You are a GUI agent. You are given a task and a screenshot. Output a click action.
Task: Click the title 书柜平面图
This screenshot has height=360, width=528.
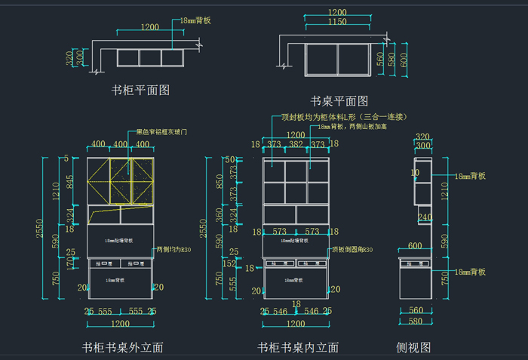coord(140,90)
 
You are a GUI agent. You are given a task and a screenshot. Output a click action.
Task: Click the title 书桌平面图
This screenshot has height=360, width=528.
coord(339,100)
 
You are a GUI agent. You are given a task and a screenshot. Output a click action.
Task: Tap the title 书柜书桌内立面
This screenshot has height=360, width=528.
coord(298,347)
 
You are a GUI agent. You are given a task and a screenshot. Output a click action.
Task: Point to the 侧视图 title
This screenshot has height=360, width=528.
coord(413,347)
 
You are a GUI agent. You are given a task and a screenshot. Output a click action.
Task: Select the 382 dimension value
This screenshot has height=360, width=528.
coord(296,145)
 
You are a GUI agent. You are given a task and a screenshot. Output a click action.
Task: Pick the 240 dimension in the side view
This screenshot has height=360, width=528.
coord(425,217)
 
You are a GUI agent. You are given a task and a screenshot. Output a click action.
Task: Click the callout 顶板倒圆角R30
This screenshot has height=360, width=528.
coord(352,249)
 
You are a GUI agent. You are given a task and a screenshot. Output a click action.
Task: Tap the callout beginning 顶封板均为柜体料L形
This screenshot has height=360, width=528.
coord(344,117)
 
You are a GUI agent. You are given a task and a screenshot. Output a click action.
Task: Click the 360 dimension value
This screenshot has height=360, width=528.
coord(219,214)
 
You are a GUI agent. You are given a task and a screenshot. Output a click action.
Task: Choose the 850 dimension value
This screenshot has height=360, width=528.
coord(219,182)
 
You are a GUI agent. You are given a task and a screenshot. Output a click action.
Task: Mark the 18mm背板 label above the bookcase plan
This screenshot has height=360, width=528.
coord(195,21)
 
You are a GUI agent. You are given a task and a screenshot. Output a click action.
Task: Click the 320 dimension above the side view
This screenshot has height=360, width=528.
coord(422,136)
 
